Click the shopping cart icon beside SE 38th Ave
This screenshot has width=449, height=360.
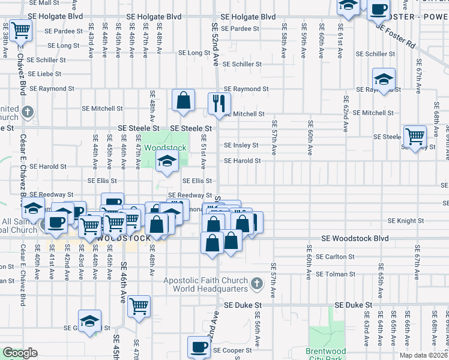pos(22,29)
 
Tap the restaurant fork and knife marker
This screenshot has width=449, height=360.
pos(219,103)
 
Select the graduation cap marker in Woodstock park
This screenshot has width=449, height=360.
pos(167,161)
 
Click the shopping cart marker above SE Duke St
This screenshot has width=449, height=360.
pos(139,307)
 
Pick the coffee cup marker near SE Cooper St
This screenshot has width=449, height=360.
pos(199,347)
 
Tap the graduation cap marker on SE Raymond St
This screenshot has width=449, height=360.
pos(384,79)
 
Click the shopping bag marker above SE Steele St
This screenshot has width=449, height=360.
pos(183,101)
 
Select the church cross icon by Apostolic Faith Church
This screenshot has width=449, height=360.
pos(257,283)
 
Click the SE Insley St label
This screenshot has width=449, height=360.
pos(241,145)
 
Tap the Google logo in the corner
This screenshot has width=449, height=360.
pos(20,353)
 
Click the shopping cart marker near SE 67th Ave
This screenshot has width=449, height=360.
pos(415,137)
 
